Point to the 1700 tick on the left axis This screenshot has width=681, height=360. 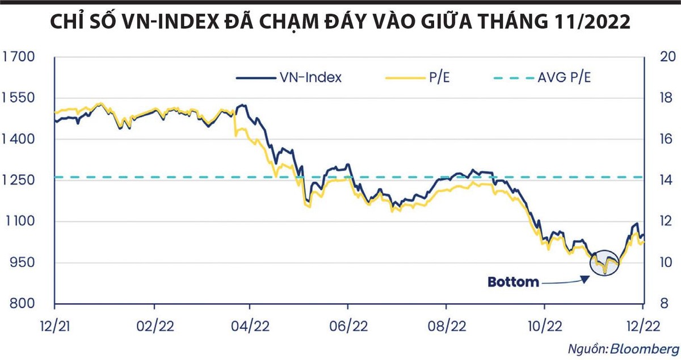point(19,57)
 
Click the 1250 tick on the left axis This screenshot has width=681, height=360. point(19,181)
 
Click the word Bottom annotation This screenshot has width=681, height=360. point(512,282)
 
